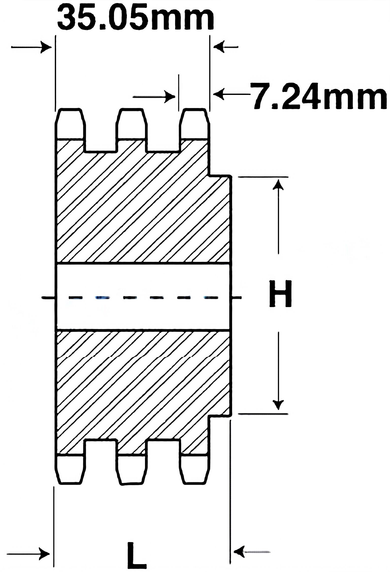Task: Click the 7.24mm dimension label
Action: tap(319, 96)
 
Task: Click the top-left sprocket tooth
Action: tap(70, 124)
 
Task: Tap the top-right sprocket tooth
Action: tap(194, 124)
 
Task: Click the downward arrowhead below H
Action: tap(279, 403)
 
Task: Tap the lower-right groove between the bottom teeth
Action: tap(164, 455)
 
